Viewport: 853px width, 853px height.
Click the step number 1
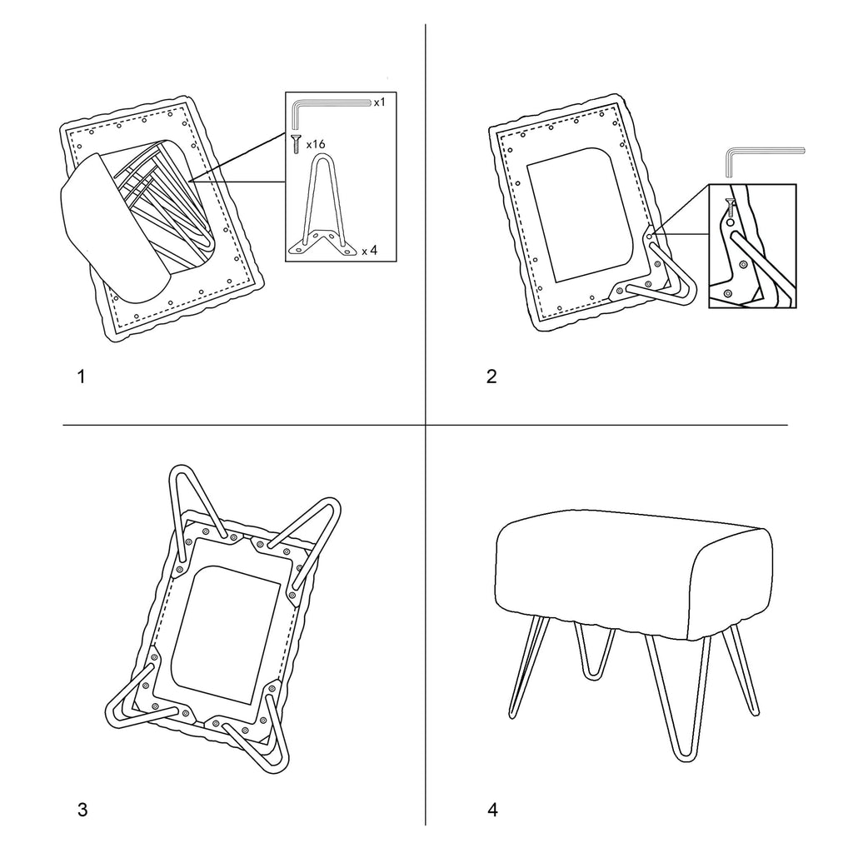82,377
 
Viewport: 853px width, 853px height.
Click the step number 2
491,377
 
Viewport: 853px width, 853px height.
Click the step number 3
82,810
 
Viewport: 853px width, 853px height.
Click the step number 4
492,810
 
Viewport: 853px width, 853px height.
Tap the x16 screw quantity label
316,144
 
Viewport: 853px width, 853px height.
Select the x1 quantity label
379,102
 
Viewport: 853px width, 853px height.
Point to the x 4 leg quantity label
369,251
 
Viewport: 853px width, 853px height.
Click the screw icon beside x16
296,144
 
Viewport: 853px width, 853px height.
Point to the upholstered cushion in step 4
634,576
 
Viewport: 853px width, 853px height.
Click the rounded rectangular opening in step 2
581,215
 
